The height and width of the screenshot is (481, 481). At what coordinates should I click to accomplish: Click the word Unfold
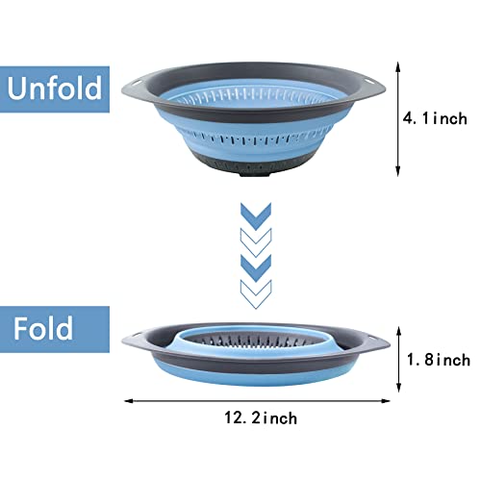(x=55, y=88)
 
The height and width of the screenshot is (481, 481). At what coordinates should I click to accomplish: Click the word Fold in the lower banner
(x=43, y=328)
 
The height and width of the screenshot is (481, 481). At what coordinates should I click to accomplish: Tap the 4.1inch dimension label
(x=435, y=118)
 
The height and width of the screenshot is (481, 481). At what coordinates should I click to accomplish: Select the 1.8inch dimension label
(x=439, y=360)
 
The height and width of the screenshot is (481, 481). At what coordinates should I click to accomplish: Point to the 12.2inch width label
(x=261, y=418)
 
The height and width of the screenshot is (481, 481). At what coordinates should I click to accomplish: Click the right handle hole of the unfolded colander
(x=372, y=83)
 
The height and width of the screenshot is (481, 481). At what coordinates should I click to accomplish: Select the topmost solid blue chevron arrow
(x=256, y=215)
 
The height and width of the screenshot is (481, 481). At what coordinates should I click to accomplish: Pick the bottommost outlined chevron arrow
(x=256, y=294)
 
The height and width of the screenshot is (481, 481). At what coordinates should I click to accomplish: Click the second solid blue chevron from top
(x=256, y=268)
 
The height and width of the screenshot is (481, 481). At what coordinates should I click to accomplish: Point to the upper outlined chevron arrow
(x=256, y=242)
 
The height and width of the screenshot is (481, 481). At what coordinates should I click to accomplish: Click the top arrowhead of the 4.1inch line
(x=398, y=66)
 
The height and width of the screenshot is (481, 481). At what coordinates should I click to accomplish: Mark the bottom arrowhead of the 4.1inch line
(x=398, y=171)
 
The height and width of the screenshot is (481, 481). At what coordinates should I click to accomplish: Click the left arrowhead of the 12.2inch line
(x=129, y=401)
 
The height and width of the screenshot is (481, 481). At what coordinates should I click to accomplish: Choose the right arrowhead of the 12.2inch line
(x=386, y=401)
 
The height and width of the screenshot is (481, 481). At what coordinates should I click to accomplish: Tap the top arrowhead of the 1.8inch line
(x=399, y=332)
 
